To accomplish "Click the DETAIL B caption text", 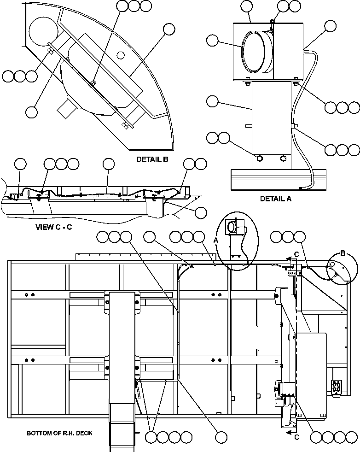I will coord(152,159).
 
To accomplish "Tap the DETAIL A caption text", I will coord(276,199).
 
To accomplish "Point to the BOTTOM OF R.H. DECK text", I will coord(59,433).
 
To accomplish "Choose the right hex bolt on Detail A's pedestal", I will coord(283,158).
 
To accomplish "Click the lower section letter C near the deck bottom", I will coord(296,436).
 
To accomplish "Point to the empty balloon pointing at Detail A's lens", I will coord(212,41).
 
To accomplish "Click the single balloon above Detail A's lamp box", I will coord(247,6).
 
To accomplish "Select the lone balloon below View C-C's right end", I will coord(201,212).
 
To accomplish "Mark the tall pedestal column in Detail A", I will coord(272,123).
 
